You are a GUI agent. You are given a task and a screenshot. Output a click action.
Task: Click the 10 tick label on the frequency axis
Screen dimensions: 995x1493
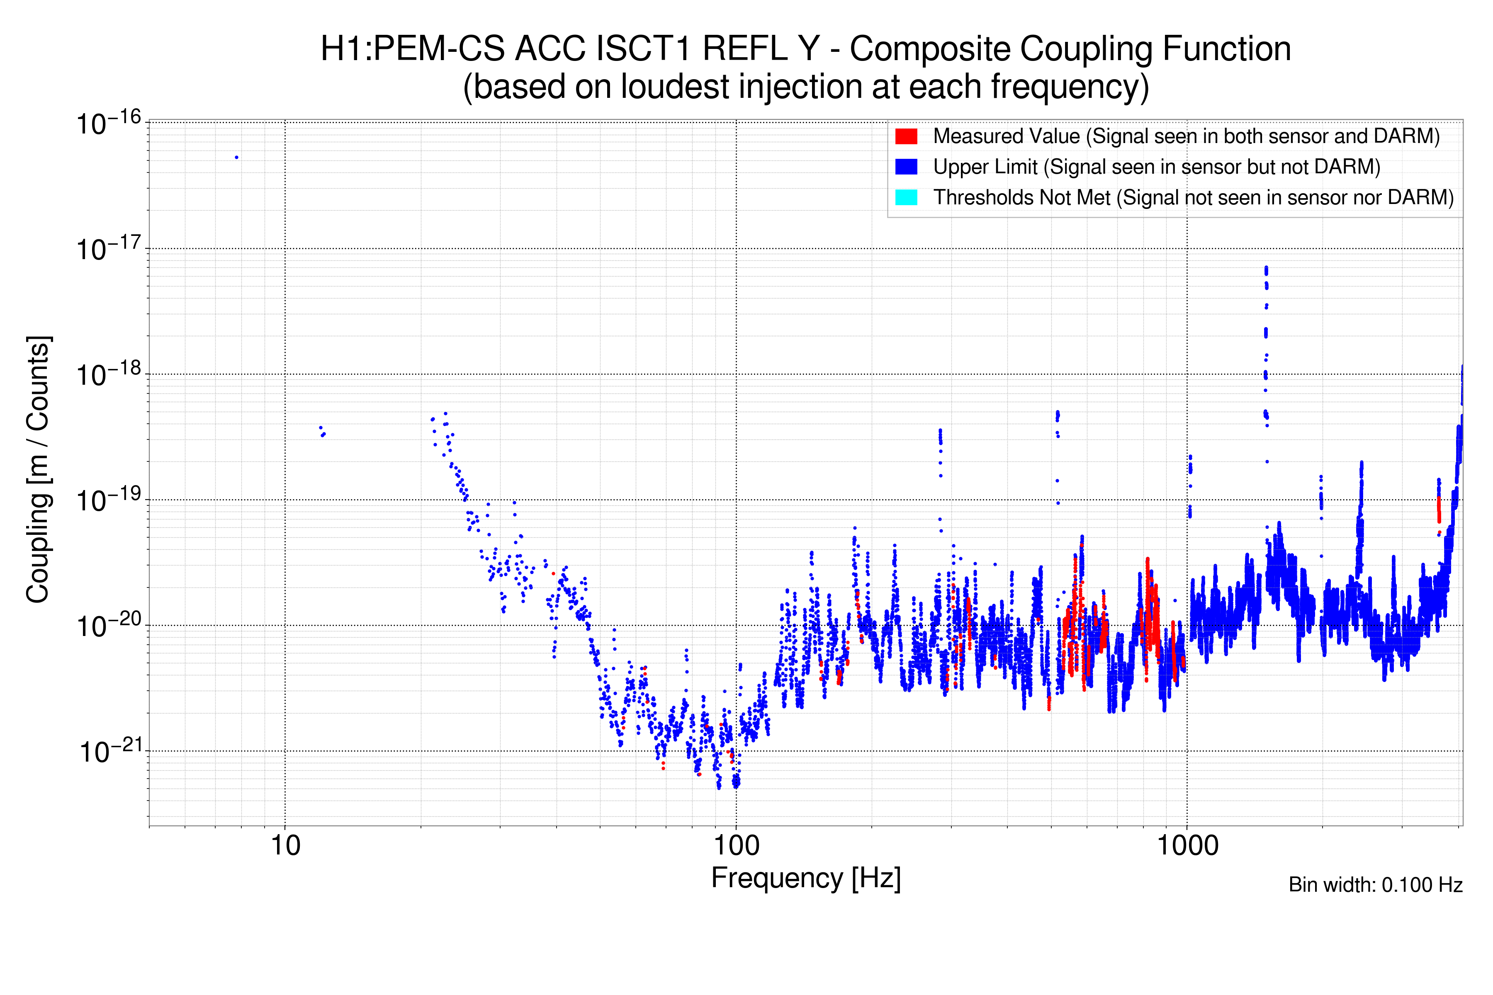click(x=285, y=846)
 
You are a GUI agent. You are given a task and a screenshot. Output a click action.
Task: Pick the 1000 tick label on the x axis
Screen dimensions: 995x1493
click(x=1187, y=846)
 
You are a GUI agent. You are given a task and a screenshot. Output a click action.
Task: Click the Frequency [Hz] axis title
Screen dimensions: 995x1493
click(x=805, y=878)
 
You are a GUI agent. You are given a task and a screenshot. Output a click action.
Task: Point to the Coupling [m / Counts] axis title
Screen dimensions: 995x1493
click(x=38, y=470)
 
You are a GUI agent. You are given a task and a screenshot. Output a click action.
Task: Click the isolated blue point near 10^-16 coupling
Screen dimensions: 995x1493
click(x=237, y=158)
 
